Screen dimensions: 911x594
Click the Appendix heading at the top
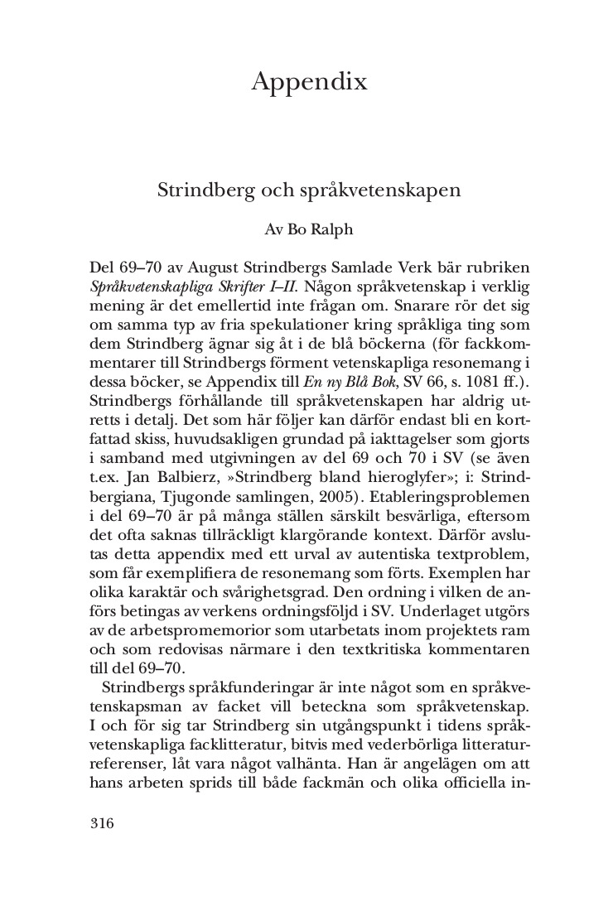[308, 83]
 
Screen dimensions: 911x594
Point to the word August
[214, 270]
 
